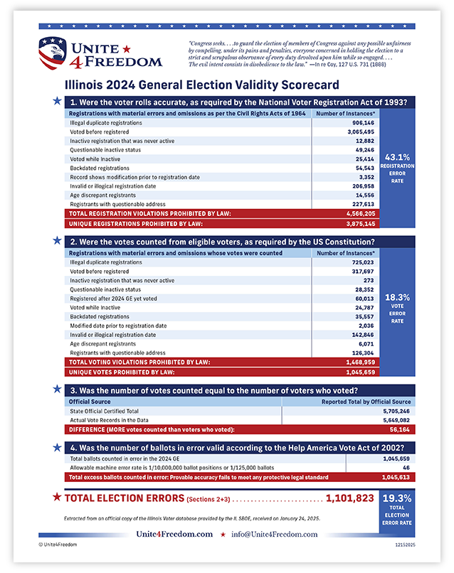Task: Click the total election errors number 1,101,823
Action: (349, 498)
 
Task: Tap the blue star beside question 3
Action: (57, 388)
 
